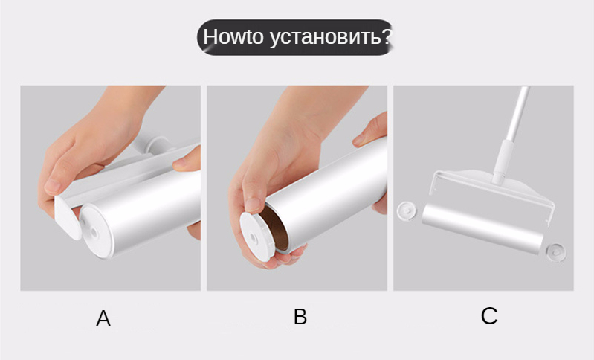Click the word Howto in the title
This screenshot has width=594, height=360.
pyautogui.click(x=233, y=36)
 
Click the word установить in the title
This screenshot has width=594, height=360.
pyautogui.click(x=325, y=38)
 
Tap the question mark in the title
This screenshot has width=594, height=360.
pyautogui.click(x=386, y=36)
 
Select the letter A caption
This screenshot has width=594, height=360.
pyautogui.click(x=103, y=318)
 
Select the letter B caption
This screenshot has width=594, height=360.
pyautogui.click(x=300, y=317)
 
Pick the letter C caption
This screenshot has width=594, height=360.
pyautogui.click(x=489, y=315)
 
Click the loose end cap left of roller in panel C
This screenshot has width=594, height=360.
pyautogui.click(x=407, y=210)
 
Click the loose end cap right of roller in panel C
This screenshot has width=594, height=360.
pyautogui.click(x=556, y=252)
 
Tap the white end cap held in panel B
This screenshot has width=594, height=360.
pyautogui.click(x=257, y=237)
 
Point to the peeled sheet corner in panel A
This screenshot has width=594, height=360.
pyautogui.click(x=68, y=217)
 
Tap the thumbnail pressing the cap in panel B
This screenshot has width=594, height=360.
pyautogui.click(x=253, y=205)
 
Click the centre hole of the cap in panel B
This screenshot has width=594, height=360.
pyautogui.click(x=253, y=238)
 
